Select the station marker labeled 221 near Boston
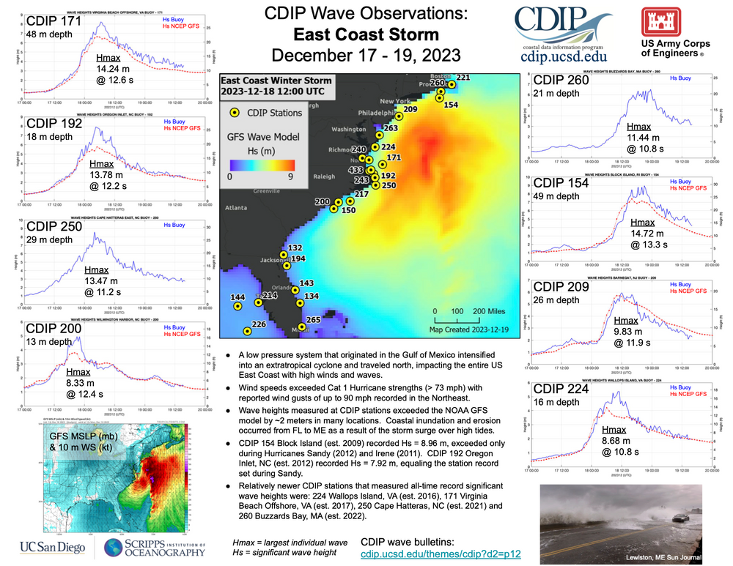(x=452, y=85)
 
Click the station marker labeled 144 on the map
(x=237, y=307)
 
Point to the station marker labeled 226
(x=248, y=332)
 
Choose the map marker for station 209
(x=399, y=116)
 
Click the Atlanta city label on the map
(x=237, y=208)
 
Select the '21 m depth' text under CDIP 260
(x=556, y=93)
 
